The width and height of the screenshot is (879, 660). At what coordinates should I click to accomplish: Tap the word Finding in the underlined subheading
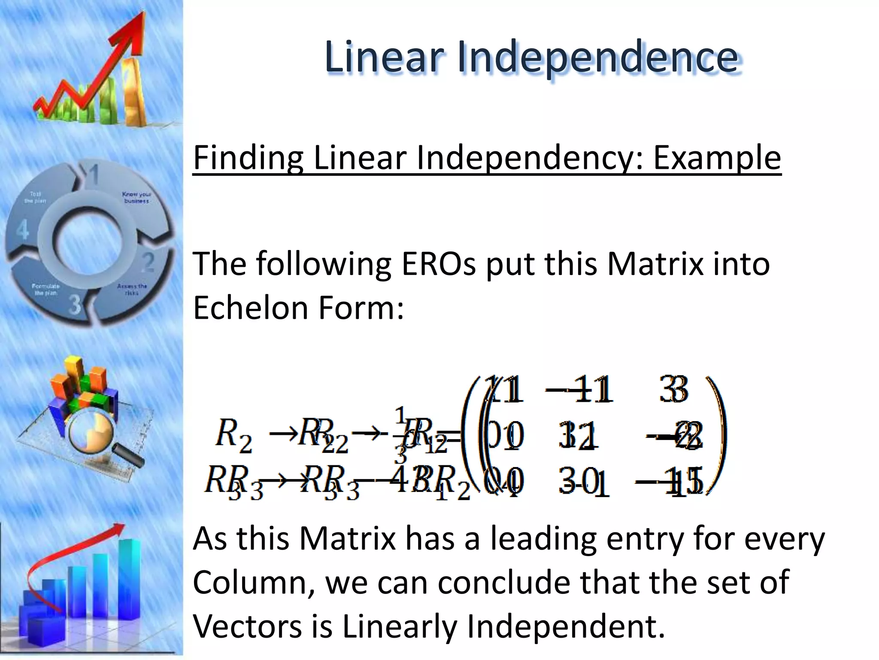[x=248, y=158]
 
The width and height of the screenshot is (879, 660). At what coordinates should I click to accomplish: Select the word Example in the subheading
[x=717, y=158]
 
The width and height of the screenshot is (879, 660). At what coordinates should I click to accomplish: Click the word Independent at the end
[x=565, y=626]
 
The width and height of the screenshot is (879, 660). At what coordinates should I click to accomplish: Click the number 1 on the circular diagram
[x=93, y=175]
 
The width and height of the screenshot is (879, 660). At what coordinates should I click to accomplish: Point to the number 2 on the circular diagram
[x=148, y=262]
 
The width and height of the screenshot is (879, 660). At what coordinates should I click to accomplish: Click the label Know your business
[x=136, y=198]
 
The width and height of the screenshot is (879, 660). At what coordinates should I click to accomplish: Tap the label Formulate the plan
[x=46, y=289]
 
